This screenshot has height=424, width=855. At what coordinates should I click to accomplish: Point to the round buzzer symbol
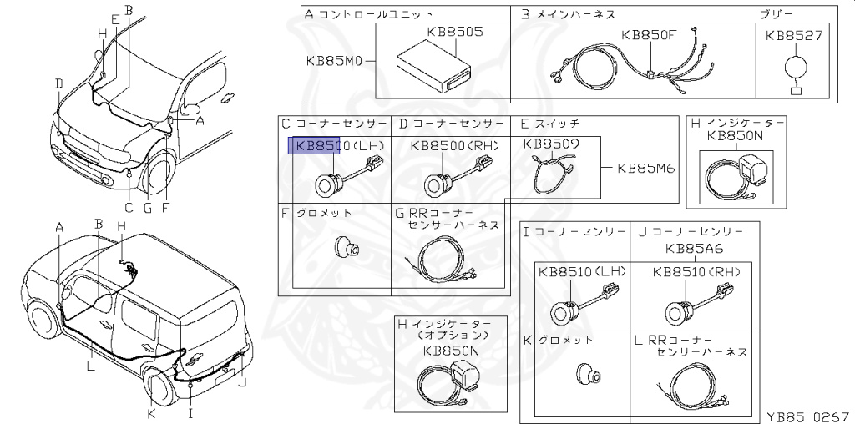795,67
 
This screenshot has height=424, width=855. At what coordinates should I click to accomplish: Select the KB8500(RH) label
454,145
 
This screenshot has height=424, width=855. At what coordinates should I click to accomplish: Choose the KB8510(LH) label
581,271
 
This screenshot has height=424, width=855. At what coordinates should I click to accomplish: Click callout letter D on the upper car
59,83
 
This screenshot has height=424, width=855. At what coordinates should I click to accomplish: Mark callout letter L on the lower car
91,364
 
